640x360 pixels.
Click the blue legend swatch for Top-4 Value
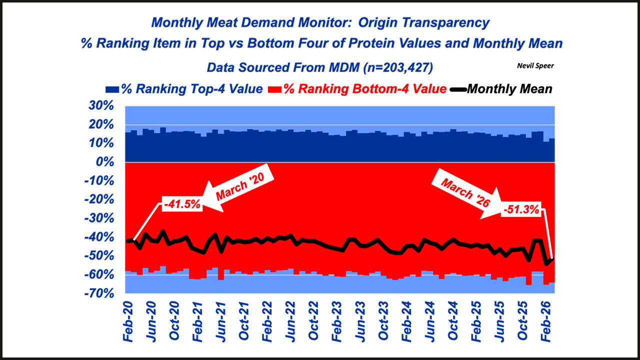point(112,89)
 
